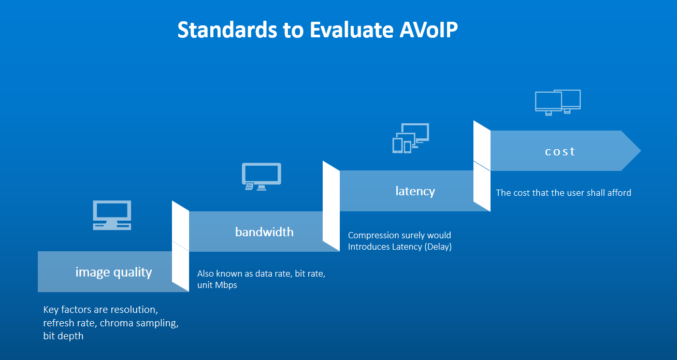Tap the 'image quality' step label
(x=113, y=272)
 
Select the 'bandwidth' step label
(x=264, y=232)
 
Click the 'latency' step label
(x=415, y=191)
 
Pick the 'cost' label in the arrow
(x=560, y=151)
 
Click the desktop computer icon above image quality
(x=112, y=215)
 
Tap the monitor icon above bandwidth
(x=261, y=176)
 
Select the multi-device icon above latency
(x=410, y=138)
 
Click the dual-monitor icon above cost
(x=557, y=102)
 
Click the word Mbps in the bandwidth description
(x=226, y=285)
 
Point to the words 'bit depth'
(x=63, y=336)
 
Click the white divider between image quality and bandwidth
(x=180, y=246)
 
